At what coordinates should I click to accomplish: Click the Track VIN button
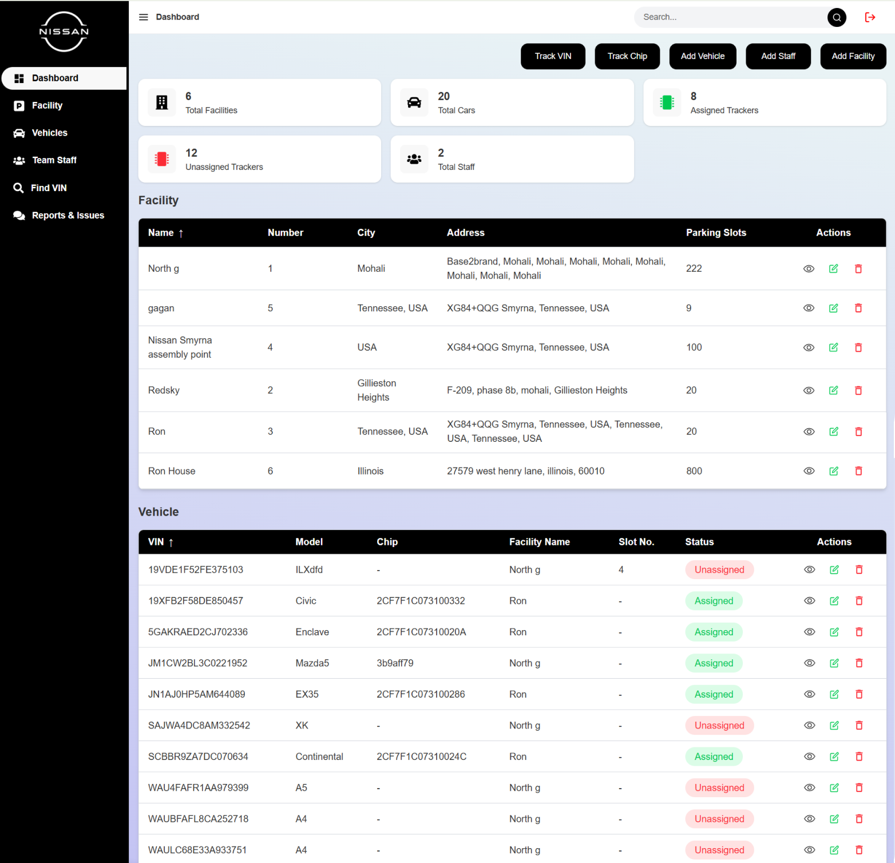553,56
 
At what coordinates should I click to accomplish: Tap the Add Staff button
778,56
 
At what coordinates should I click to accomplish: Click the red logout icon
870,17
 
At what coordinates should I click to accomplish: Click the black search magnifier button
837,17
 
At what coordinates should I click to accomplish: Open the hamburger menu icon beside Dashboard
144,17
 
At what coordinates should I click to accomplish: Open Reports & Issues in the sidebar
59,215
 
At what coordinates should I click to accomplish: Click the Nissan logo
64,31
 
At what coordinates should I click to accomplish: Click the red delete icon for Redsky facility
858,390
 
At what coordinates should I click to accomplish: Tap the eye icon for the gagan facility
809,308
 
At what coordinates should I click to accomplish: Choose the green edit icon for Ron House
834,471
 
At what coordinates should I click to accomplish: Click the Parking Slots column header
716,232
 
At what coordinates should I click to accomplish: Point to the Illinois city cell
370,471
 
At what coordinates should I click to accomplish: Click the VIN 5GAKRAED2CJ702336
198,632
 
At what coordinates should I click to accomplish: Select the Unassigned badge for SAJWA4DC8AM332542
719,725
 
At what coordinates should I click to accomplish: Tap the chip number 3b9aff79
395,663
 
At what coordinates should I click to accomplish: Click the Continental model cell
319,757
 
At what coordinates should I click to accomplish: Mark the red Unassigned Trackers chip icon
162,159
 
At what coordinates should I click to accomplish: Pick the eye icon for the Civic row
809,601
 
